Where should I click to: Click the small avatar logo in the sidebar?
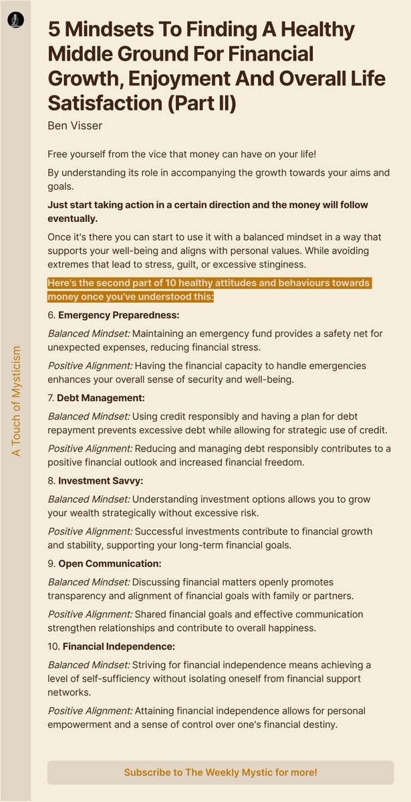[15, 21]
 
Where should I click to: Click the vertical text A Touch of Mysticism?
[17, 401]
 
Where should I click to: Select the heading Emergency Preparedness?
[118, 315]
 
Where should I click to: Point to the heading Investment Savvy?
[100, 481]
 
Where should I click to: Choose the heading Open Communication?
[110, 563]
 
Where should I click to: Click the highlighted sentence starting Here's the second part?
[209, 289]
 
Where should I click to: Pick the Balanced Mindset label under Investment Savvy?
[89, 499]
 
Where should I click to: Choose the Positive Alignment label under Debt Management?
[90, 448]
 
